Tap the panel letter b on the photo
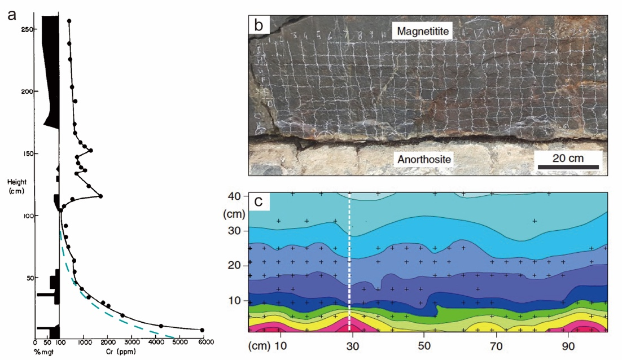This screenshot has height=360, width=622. (x=260, y=25)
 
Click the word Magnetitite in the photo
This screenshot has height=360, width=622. (x=424, y=32)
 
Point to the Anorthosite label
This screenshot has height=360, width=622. (x=424, y=160)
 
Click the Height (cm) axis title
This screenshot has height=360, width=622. (x=19, y=186)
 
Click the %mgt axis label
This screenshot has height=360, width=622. (x=42, y=352)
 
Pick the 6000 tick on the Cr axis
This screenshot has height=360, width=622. (x=204, y=342)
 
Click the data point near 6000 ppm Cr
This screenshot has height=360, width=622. (x=202, y=330)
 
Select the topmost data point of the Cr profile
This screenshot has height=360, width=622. (x=69, y=21)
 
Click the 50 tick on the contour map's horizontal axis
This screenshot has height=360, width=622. (x=423, y=344)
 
